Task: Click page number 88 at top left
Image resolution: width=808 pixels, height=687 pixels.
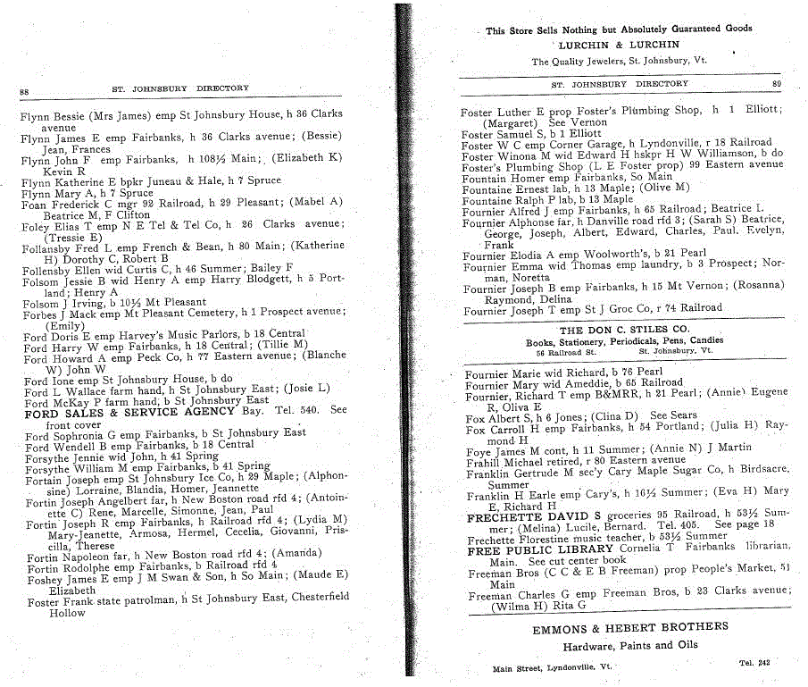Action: pos(24,91)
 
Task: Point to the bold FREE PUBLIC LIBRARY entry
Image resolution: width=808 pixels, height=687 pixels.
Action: pos(540,550)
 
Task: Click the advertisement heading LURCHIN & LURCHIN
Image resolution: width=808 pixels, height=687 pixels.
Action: pos(619,45)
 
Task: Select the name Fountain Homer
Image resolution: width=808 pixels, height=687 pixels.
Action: pos(502,177)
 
